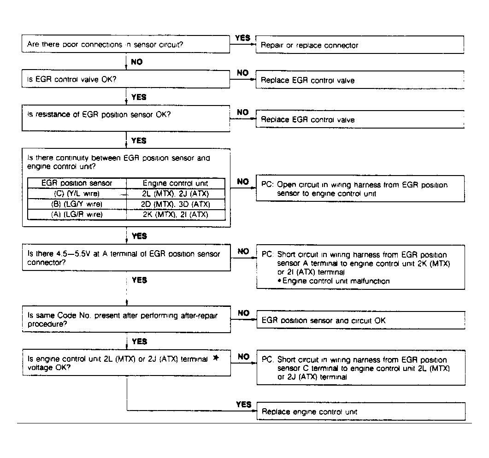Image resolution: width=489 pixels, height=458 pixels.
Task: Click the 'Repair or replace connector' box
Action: tap(360, 45)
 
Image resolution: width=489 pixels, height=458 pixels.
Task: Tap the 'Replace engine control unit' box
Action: tap(360, 411)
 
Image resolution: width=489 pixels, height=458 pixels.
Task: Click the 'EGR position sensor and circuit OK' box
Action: tap(360, 320)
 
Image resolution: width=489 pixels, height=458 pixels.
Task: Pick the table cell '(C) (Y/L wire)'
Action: tap(77, 194)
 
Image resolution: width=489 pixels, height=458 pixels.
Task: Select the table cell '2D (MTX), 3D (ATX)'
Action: tap(176, 204)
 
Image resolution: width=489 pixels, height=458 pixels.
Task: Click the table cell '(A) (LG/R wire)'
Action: tap(77, 214)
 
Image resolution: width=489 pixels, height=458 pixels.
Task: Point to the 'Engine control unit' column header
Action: tap(176, 183)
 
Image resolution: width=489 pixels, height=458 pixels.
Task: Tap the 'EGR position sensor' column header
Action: tap(77, 183)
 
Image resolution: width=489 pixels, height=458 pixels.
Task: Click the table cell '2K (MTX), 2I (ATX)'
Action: tap(176, 214)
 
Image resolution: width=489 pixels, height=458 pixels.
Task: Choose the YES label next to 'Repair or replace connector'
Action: tap(242, 38)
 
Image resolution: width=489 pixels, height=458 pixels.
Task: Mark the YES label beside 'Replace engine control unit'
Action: tap(243, 405)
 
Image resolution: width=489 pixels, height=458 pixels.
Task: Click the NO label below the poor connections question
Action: tap(137, 62)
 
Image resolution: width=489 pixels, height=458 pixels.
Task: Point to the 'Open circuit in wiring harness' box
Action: tap(360, 189)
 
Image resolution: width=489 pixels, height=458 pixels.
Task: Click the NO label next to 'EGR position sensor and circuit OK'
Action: tap(243, 313)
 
